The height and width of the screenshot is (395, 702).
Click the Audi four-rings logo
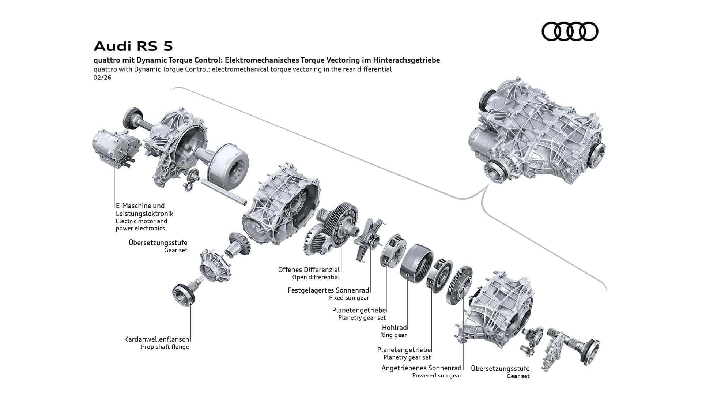coord(570,31)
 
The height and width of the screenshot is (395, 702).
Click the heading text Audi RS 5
coord(133,46)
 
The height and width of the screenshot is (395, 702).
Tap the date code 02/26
coord(102,78)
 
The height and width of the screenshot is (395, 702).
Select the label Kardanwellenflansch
coord(156,339)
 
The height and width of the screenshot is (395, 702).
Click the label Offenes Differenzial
coord(309,270)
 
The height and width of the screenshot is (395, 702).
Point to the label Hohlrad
coord(394,327)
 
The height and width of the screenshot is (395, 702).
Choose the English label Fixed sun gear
coord(349,298)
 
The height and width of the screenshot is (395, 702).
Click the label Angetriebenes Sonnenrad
coord(421,368)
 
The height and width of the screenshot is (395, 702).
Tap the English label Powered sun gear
coord(437,376)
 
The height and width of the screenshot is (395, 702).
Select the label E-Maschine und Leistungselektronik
coord(144,210)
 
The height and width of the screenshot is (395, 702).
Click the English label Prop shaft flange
coord(165,347)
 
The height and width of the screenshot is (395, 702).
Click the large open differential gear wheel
coord(340,223)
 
